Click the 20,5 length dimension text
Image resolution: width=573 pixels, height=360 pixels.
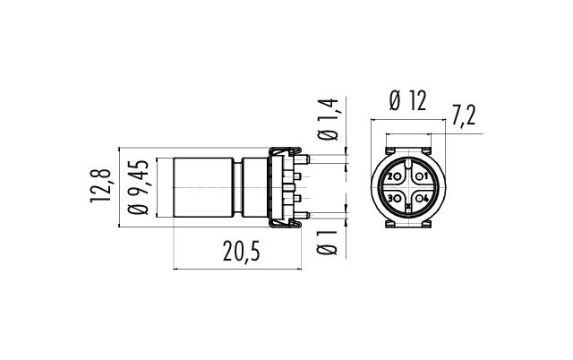(242, 252)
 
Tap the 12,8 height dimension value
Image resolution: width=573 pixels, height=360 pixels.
(100, 185)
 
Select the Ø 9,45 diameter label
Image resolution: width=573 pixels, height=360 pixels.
(138, 187)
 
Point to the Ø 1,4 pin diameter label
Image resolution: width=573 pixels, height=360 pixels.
(329, 119)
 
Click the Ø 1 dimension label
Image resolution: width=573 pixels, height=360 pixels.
(328, 243)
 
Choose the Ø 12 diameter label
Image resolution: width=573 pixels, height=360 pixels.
(408, 100)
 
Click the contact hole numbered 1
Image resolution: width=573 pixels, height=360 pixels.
(418, 176)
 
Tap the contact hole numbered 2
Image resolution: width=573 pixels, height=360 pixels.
(398, 177)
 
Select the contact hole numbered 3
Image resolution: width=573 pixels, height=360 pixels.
(398, 199)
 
